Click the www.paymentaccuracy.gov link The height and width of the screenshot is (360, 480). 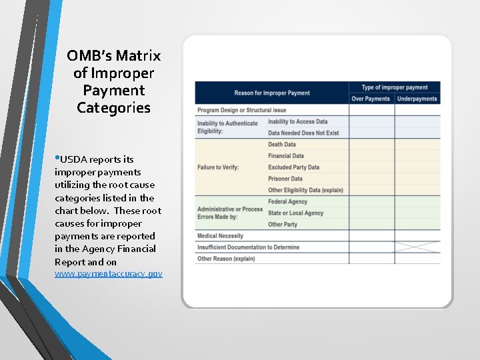[109, 274]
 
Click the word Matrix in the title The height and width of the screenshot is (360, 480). [138, 56]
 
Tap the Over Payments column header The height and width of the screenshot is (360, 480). [370, 99]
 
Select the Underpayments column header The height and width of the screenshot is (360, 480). [417, 99]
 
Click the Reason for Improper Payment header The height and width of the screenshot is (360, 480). [271, 93]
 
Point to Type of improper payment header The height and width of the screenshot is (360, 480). [394, 87]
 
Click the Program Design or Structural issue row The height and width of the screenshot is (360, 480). [242, 110]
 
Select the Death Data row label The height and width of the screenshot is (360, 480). [281, 144]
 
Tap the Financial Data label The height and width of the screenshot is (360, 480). [285, 156]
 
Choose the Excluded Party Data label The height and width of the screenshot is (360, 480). [293, 167]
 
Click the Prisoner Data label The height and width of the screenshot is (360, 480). [285, 179]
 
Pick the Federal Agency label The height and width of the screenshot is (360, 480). [287, 201]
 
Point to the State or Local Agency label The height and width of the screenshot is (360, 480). [295, 213]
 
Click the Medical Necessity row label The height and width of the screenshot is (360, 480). [220, 236]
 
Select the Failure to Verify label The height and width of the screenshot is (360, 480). [218, 167]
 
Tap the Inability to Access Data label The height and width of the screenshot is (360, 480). [297, 122]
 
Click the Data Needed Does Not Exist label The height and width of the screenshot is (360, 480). [303, 133]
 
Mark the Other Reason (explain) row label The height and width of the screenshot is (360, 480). [226, 259]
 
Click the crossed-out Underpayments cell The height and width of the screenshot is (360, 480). [417, 247]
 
